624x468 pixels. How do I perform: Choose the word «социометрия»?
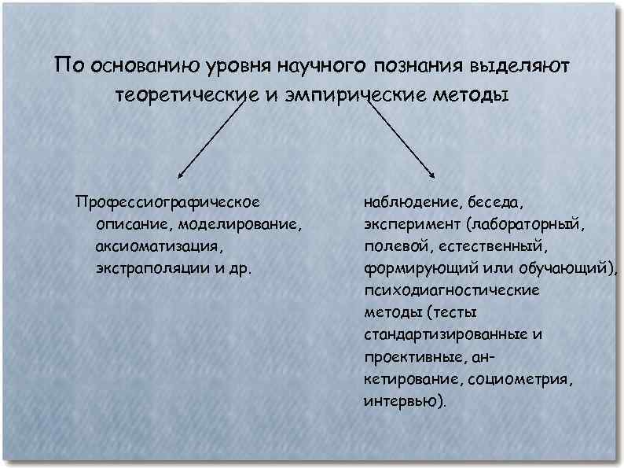click(x=520, y=379)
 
